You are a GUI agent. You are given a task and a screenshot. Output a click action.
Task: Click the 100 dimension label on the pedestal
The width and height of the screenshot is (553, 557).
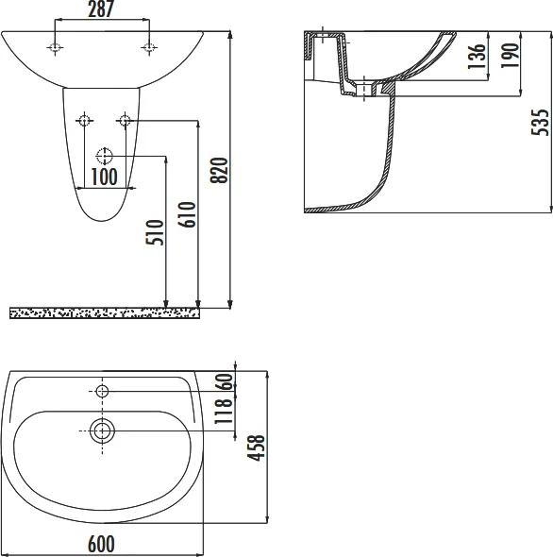click(x=104, y=176)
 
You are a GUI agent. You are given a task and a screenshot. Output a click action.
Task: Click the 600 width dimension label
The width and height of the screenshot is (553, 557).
click(x=101, y=545)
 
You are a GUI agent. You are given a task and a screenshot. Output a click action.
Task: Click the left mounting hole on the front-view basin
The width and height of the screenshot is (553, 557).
click(x=57, y=47)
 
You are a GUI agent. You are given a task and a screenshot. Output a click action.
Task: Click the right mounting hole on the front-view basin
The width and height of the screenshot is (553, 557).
click(x=148, y=47)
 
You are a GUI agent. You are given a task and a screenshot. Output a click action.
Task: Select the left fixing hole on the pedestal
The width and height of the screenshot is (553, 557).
click(x=85, y=120)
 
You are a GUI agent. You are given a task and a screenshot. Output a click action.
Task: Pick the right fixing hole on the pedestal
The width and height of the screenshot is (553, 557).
click(x=124, y=120)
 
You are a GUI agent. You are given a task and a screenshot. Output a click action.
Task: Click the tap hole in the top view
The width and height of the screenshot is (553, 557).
click(x=103, y=390)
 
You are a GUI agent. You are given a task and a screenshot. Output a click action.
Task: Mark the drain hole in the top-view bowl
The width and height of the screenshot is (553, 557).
click(x=103, y=431)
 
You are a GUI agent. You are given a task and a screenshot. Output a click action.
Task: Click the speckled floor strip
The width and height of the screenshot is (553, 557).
click(x=104, y=312)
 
